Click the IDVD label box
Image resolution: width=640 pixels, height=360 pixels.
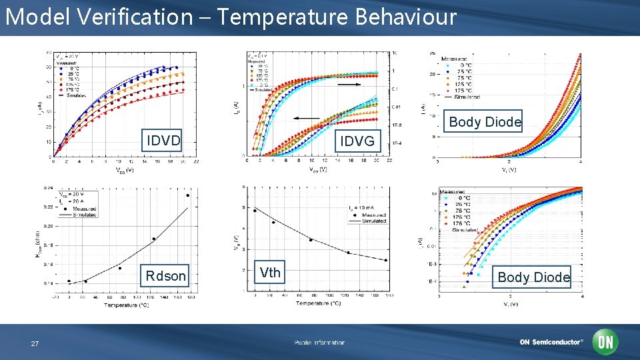163,141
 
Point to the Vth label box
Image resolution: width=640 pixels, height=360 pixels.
270,271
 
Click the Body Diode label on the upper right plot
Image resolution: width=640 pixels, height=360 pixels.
485,121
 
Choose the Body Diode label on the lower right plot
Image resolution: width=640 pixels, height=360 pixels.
533,277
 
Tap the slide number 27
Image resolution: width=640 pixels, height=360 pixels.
35,343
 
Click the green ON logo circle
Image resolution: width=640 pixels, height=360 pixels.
605,342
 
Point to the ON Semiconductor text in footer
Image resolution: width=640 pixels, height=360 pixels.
551,342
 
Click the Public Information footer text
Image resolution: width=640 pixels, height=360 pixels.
320,343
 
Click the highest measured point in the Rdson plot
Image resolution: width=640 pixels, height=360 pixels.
188,195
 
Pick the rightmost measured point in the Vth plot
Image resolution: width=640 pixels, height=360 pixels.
385,260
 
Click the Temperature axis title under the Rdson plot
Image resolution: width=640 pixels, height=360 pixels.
126,305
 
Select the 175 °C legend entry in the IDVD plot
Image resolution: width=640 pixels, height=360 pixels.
69,89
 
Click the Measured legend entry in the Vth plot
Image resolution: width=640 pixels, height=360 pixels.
374,215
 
